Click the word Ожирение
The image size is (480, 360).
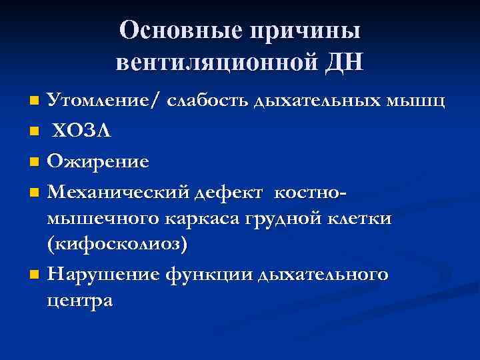[x=98, y=161]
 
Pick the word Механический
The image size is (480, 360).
[x=120, y=191]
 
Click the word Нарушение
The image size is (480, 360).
[x=110, y=274]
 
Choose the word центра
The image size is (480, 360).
[x=80, y=301]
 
